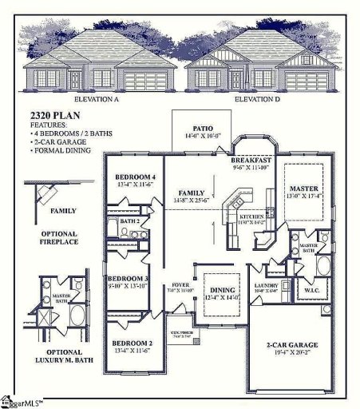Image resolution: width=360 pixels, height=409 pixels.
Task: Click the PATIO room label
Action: [201, 128]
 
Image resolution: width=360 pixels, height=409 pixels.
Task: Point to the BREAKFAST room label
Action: [252, 160]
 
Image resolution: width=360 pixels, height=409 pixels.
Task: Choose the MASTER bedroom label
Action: [303, 189]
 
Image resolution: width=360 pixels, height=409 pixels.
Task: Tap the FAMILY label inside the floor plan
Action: [192, 193]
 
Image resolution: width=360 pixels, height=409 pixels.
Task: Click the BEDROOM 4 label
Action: [134, 177]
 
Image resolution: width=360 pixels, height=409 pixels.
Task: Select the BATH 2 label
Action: [130, 220]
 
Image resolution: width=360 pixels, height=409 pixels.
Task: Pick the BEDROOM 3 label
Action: [128, 278]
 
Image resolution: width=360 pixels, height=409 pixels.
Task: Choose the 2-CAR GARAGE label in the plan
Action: [292, 345]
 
